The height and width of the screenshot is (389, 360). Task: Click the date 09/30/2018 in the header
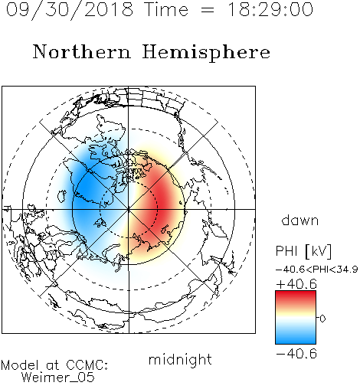(x=70, y=10)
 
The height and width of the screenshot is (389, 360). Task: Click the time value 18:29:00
(x=270, y=9)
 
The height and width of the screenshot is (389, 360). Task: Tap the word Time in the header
(x=166, y=9)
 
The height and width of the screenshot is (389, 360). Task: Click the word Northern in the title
(x=82, y=51)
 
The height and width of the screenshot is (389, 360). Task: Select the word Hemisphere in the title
(x=206, y=53)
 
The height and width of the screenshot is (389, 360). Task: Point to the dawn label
(x=300, y=220)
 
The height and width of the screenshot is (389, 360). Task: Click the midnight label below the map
(x=180, y=360)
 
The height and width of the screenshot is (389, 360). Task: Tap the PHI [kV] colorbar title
(x=303, y=251)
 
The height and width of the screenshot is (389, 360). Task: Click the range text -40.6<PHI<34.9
(x=317, y=270)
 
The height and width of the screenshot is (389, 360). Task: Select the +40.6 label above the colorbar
(x=296, y=284)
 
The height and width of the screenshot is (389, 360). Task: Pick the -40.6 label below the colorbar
(x=296, y=354)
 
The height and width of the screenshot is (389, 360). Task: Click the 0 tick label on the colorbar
(x=322, y=319)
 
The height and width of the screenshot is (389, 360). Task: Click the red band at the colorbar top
(x=296, y=296)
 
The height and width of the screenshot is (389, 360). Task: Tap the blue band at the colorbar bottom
(x=296, y=338)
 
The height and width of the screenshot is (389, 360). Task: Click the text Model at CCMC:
(x=54, y=365)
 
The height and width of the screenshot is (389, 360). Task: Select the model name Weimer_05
(x=58, y=377)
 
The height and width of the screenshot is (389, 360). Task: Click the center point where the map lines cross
(x=129, y=209)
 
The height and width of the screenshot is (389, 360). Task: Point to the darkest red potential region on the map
(x=162, y=201)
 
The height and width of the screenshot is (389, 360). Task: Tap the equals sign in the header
(x=208, y=10)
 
